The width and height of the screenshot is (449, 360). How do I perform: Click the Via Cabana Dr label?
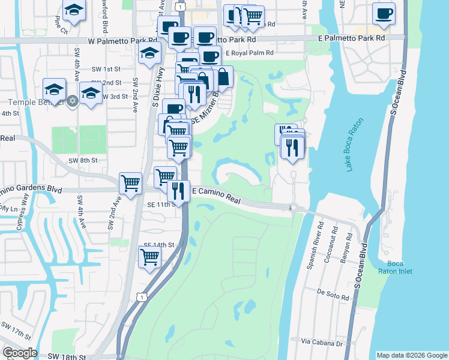[x=322, y=343]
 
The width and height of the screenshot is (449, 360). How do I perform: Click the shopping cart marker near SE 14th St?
[x=149, y=257]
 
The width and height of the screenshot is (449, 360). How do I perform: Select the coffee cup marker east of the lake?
[x=384, y=13]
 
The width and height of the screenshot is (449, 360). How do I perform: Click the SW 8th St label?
[x=82, y=160]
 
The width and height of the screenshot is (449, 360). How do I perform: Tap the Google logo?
[x=20, y=353]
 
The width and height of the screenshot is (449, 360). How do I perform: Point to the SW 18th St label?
[x=67, y=356]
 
